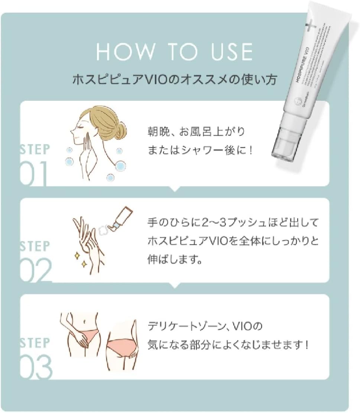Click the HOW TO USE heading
coord(174,52)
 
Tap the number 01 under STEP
coord(34,174)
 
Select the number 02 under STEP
coord(35,270)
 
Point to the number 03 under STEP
coord(36,366)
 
